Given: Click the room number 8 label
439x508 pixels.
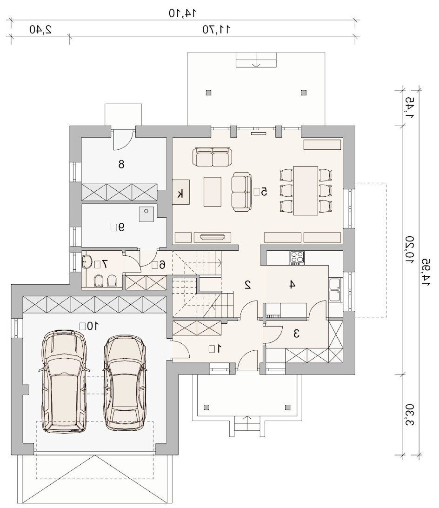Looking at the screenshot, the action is [x=121, y=164].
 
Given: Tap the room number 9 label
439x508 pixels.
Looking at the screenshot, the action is [x=121, y=227].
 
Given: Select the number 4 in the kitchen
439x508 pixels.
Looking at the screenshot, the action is [x=292, y=284].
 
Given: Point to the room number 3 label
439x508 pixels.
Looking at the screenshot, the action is [x=296, y=334].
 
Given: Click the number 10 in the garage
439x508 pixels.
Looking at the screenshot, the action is [x=92, y=326].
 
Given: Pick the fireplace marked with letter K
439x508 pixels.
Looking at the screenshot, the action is [x=181, y=192].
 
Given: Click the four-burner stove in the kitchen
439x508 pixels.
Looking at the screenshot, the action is [x=298, y=258].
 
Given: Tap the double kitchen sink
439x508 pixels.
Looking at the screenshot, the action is [x=335, y=290].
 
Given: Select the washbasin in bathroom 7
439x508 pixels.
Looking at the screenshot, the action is [x=87, y=261].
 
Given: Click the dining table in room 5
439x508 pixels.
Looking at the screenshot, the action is [x=306, y=191].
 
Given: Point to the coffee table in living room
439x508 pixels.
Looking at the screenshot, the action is [x=213, y=192].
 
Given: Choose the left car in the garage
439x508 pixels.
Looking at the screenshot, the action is [x=65, y=381].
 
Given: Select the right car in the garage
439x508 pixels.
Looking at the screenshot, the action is [x=125, y=383].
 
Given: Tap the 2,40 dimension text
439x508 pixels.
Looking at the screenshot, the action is [x=40, y=29].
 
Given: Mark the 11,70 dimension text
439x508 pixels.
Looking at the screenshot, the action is [x=216, y=29].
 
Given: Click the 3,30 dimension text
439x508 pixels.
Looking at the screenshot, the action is [x=410, y=414].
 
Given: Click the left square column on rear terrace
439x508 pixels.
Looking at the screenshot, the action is [x=208, y=93].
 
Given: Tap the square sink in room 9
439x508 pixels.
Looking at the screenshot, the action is [x=146, y=214].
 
